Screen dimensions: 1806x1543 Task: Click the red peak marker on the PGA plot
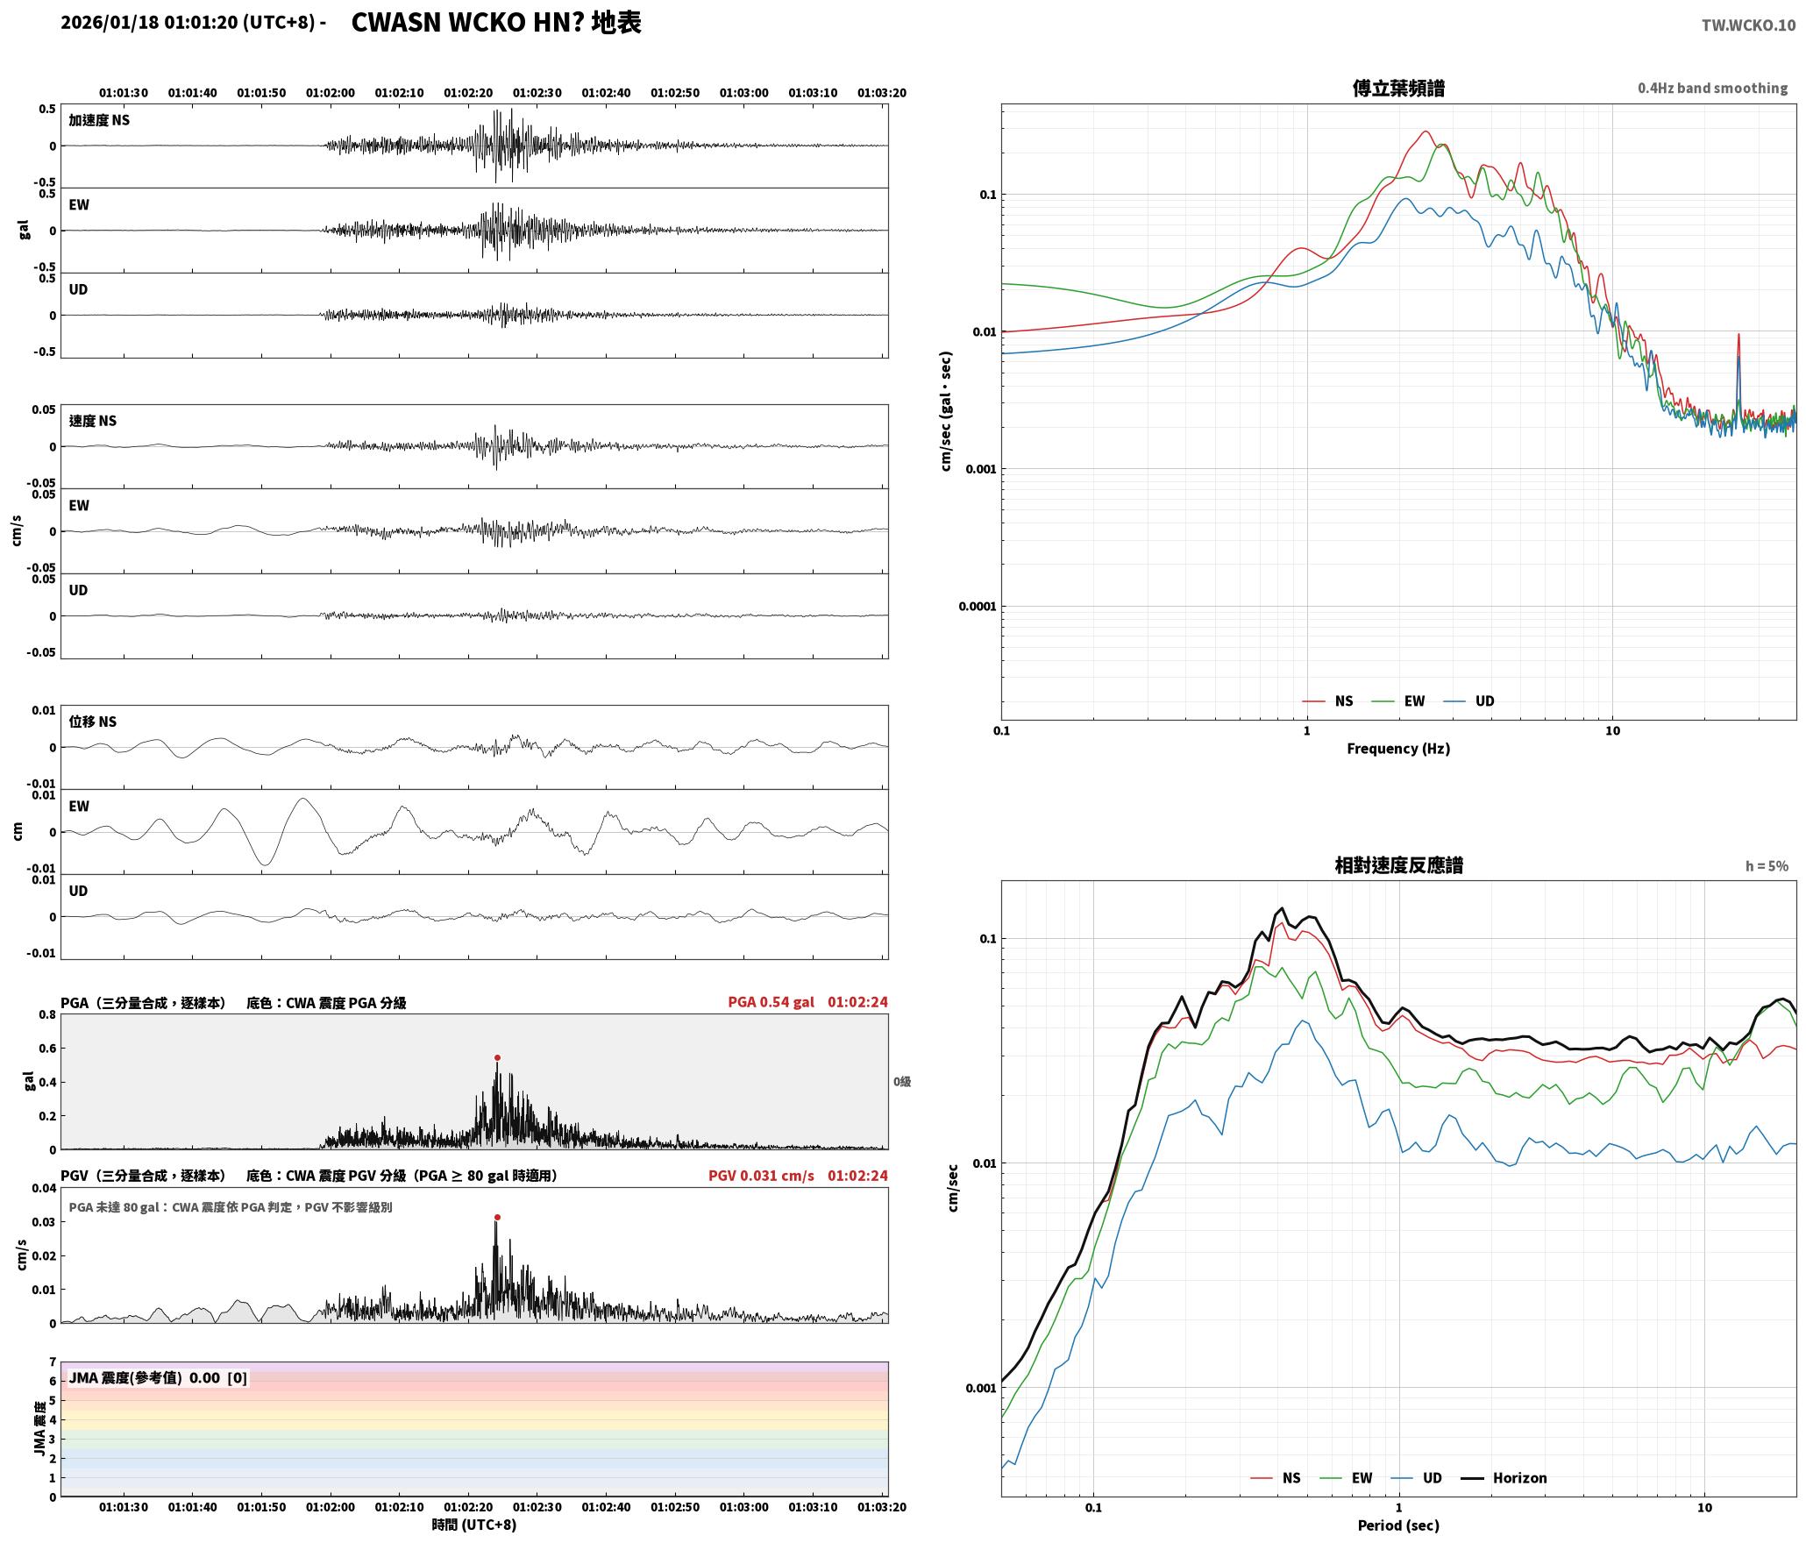coord(497,1058)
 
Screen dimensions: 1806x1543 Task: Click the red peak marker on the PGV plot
coord(497,1218)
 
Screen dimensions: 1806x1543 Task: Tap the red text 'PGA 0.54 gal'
coord(771,1002)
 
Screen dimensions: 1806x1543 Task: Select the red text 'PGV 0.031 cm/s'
coord(761,1176)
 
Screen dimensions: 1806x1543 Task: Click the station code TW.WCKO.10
coord(1748,25)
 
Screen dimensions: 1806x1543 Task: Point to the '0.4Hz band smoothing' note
coord(1712,89)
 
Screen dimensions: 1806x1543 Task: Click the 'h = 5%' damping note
coord(1767,866)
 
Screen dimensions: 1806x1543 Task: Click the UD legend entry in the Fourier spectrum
coord(1470,701)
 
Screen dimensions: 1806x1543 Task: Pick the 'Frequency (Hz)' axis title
coord(1398,749)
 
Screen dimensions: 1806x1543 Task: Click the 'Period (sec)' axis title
coord(1398,1525)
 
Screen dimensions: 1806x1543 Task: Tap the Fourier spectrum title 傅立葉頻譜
coord(1398,89)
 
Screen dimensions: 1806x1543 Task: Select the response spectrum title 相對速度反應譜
coord(1398,865)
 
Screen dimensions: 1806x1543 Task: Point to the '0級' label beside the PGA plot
coord(902,1082)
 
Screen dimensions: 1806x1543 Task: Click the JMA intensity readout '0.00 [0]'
coord(218,1378)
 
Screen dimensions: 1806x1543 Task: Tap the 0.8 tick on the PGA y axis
coord(47,1015)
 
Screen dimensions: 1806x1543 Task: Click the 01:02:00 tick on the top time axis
coord(331,93)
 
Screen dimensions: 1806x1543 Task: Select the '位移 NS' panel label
coord(93,722)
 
